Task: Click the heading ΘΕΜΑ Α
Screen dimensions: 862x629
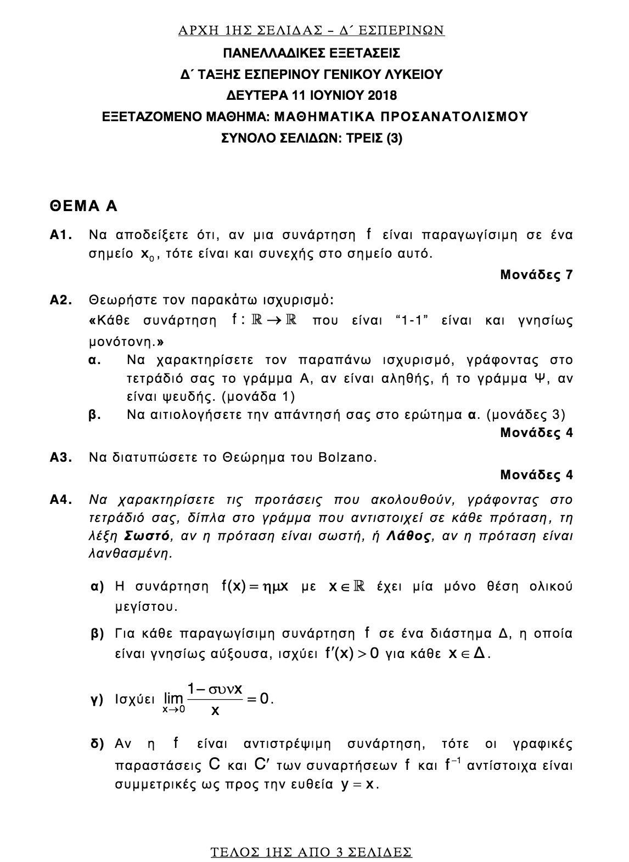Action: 83,206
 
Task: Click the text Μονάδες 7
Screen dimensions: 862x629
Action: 536,275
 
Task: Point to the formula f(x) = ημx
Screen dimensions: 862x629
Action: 255,587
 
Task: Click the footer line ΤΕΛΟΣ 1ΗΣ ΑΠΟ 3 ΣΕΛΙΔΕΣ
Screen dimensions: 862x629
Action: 311,852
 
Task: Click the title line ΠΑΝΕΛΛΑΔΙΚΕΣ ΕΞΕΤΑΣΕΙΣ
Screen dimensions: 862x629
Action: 311,53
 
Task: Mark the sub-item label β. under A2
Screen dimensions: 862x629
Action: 94,415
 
